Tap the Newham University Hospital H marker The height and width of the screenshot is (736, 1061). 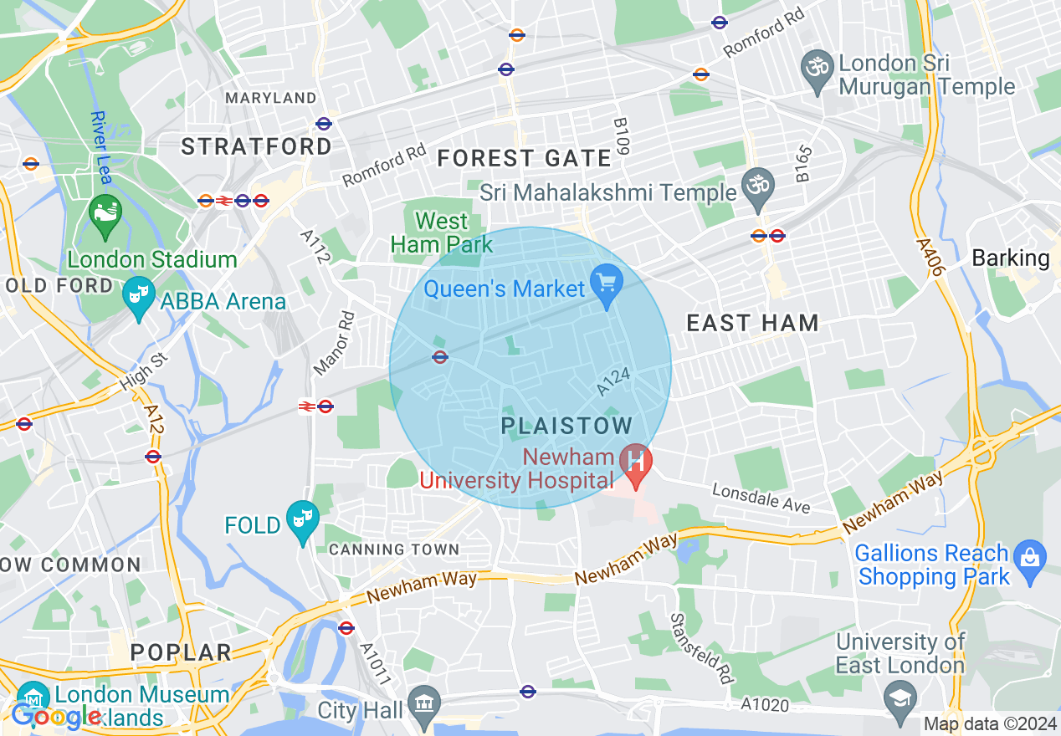636,463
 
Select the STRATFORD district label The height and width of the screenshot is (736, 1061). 256,147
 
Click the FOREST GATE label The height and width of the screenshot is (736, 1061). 525,158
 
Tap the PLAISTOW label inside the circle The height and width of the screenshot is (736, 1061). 566,427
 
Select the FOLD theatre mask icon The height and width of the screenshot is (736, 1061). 300,520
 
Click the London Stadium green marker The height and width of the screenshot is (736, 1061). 106,212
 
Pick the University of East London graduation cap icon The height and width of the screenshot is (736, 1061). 900,696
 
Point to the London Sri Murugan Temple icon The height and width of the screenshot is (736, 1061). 817,64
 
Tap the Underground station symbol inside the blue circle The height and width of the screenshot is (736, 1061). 440,357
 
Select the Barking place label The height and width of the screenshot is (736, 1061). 1010,258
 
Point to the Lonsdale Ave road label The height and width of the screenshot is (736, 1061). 761,498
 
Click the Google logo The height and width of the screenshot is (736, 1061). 57,716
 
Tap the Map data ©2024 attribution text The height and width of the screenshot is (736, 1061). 989,724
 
